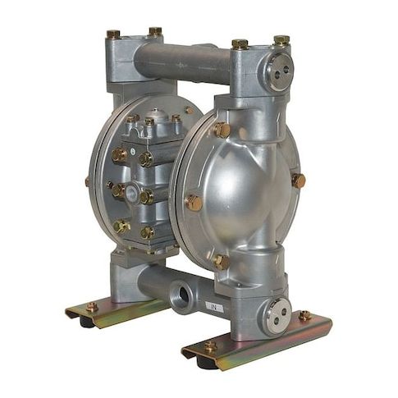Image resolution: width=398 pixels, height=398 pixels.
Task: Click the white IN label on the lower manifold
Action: point(214,309)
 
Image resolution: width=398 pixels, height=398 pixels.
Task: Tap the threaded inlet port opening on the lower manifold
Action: point(182,295)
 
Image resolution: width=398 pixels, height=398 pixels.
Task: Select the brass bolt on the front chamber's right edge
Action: point(298,181)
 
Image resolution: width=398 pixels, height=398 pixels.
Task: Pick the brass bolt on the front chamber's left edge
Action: point(194,203)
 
